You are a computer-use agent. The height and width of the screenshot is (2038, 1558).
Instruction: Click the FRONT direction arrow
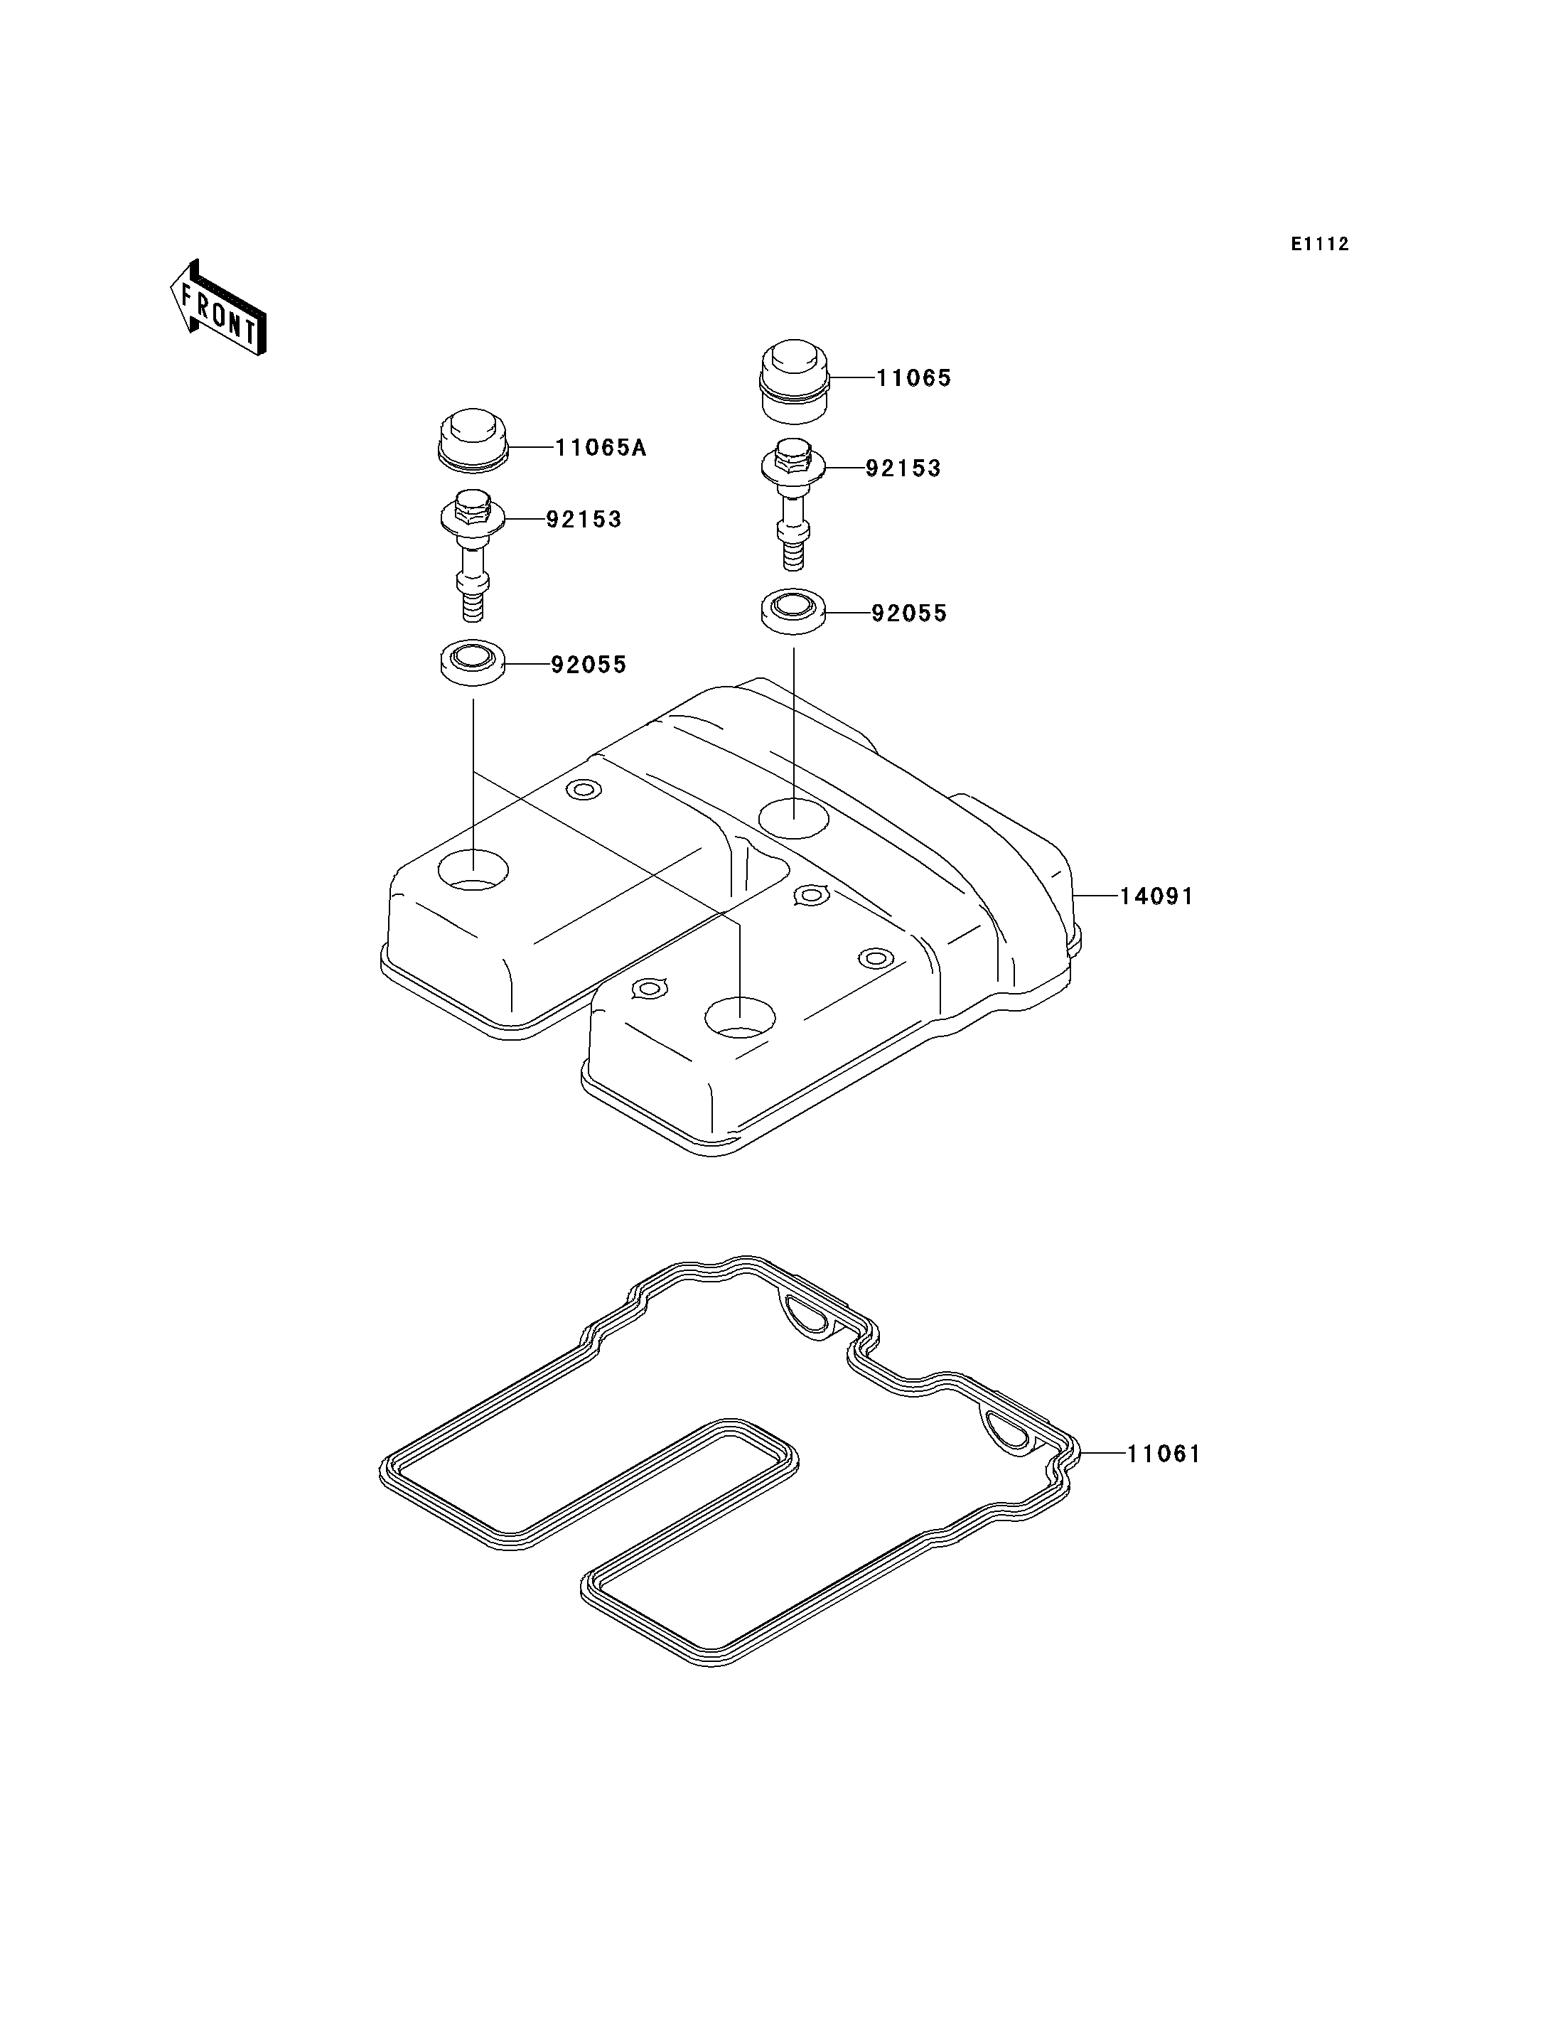(219, 308)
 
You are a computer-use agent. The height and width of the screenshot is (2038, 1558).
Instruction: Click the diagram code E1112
(1320, 244)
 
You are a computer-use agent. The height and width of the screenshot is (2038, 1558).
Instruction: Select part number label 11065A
(600, 448)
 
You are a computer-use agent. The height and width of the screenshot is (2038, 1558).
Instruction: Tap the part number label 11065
(913, 378)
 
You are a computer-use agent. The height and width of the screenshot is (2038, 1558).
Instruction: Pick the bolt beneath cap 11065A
(472, 554)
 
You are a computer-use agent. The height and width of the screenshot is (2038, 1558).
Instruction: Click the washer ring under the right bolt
(794, 612)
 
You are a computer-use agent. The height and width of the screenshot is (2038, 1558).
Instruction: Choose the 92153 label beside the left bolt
(584, 520)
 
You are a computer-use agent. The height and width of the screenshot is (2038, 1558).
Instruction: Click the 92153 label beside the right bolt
(903, 468)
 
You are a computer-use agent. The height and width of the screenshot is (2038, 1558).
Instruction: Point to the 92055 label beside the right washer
(909, 614)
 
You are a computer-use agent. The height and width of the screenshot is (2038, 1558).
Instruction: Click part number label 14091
(1156, 896)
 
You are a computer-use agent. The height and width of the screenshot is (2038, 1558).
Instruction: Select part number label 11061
(1164, 1454)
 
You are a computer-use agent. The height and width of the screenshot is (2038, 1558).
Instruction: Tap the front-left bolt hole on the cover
(473, 869)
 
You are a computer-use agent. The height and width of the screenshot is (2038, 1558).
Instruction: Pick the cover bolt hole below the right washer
(794, 816)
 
